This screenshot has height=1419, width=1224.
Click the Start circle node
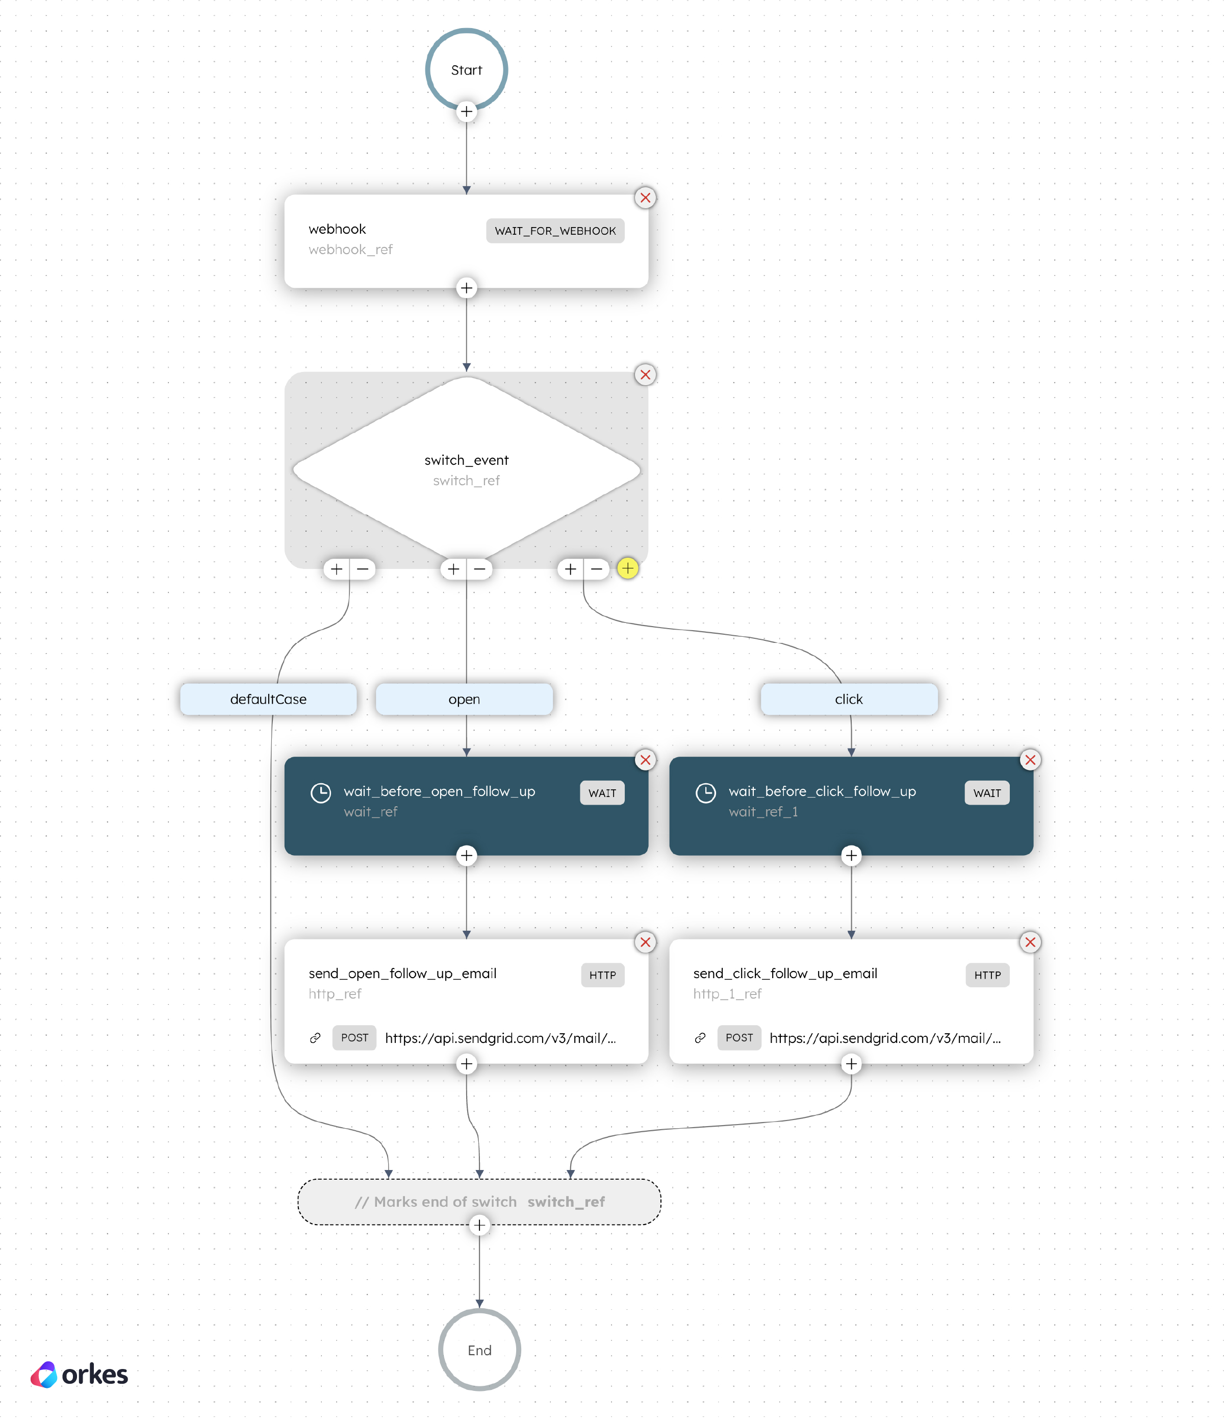pyautogui.click(x=466, y=70)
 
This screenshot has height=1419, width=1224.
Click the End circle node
pyautogui.click(x=479, y=1350)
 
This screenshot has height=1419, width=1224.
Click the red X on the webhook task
pyautogui.click(x=645, y=198)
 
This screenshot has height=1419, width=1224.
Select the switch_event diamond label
pyautogui.click(x=466, y=460)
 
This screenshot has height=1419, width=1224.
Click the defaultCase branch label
pyautogui.click(x=268, y=699)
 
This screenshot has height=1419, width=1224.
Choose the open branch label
pyautogui.click(x=464, y=699)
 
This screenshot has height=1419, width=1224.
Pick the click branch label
pyautogui.click(x=849, y=699)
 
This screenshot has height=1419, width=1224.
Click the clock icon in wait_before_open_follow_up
pyautogui.click(x=320, y=793)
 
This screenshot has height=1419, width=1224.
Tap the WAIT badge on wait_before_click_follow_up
pyautogui.click(x=986, y=793)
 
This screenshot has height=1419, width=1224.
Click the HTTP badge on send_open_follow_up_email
pyautogui.click(x=602, y=975)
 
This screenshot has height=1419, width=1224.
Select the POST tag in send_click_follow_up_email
pyautogui.click(x=738, y=1037)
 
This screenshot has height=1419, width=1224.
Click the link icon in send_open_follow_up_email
pyautogui.click(x=315, y=1037)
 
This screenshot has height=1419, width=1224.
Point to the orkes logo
pyautogui.click(x=80, y=1375)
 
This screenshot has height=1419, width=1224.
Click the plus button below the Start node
pyautogui.click(x=466, y=111)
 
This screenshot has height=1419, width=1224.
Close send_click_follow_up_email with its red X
pyautogui.click(x=1030, y=942)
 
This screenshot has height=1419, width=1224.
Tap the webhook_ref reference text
pyautogui.click(x=350, y=250)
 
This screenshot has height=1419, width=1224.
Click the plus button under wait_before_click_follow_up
pyautogui.click(x=851, y=855)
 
